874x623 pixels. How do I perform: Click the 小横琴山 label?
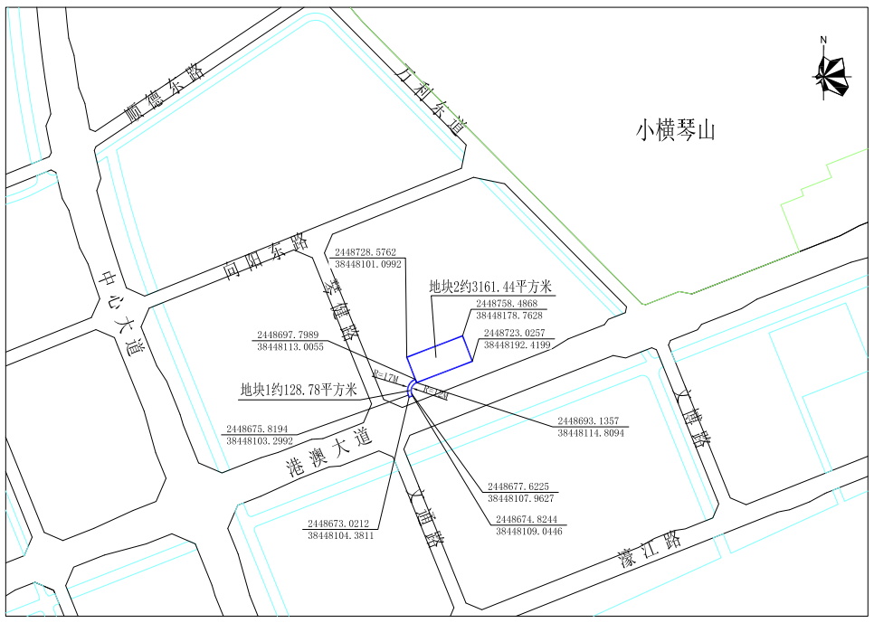pos(675,130)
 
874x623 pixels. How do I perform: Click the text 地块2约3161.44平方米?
pos(491,288)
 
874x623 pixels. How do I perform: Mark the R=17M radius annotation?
pos(385,376)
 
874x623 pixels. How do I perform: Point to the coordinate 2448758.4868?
pos(507,304)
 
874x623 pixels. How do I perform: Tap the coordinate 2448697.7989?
pos(288,335)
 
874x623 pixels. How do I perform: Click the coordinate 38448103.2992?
pos(259,440)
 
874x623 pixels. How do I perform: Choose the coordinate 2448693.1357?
pos(590,421)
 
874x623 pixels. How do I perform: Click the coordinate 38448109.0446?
pos(528,532)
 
